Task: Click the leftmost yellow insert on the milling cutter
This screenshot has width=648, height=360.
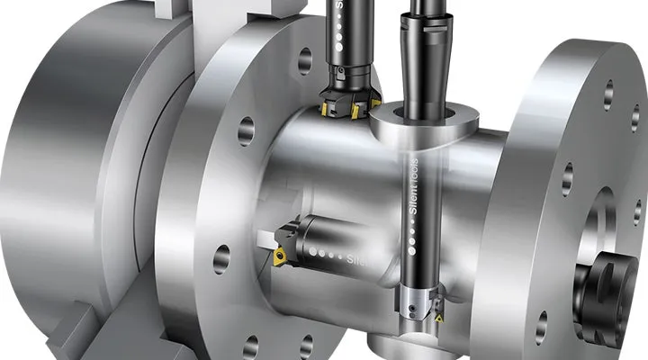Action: (326, 108)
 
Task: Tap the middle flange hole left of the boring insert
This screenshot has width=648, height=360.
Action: (220, 259)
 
